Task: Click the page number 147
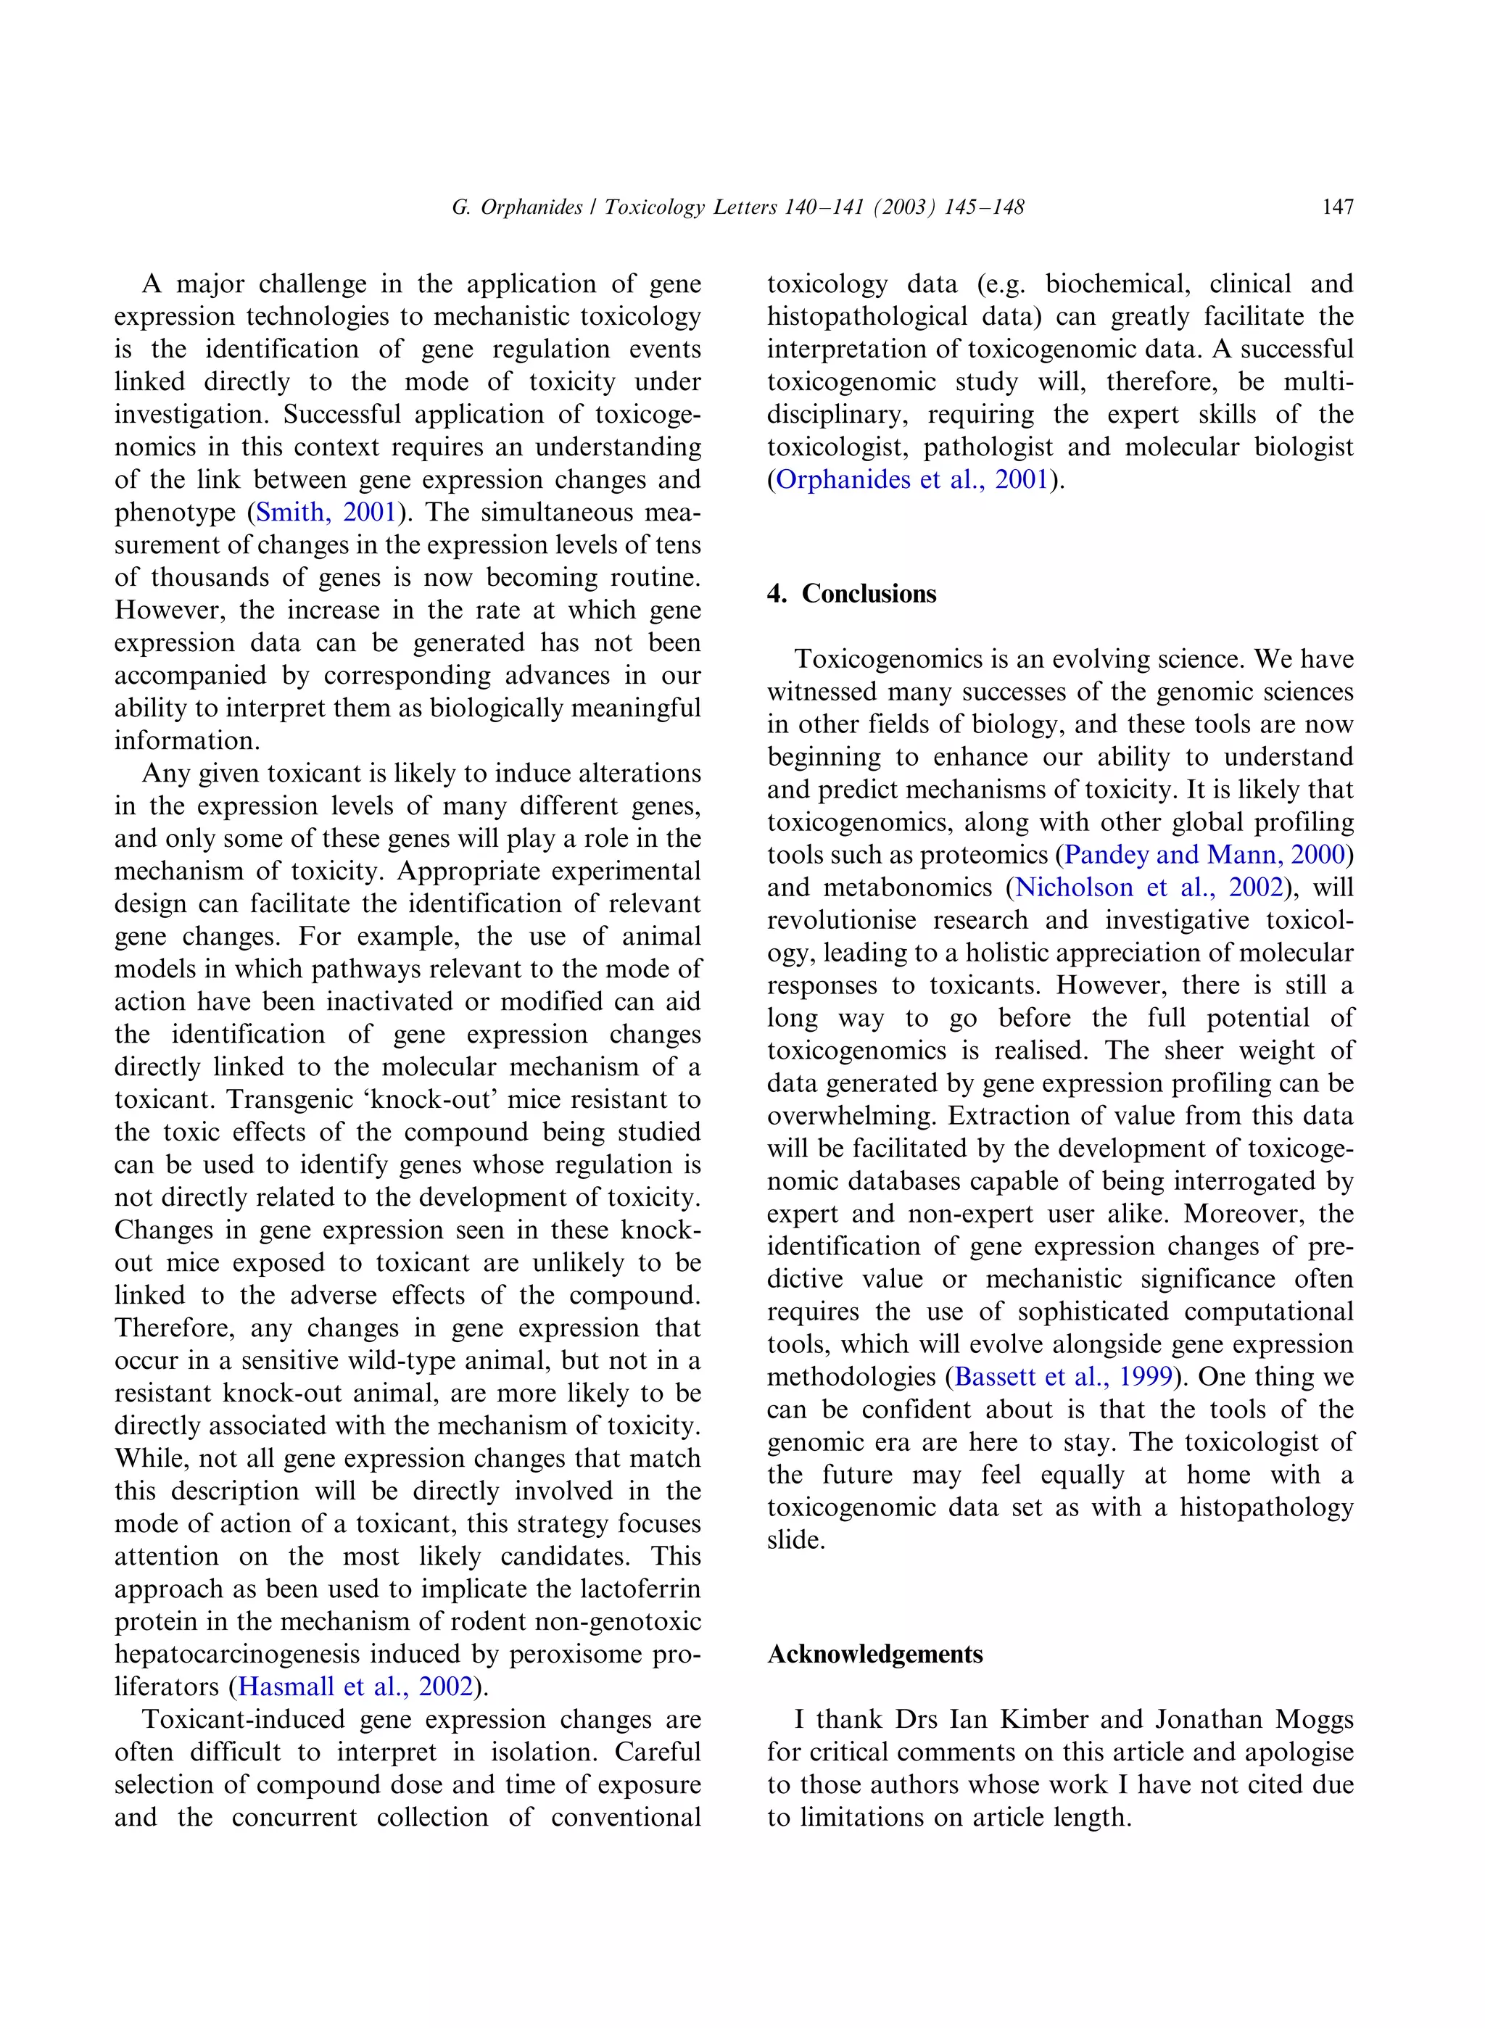coord(1338,207)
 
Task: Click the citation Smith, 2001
coord(326,513)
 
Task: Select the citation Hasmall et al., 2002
coord(355,1686)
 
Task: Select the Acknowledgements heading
coord(874,1654)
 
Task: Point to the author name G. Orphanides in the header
coord(517,207)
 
